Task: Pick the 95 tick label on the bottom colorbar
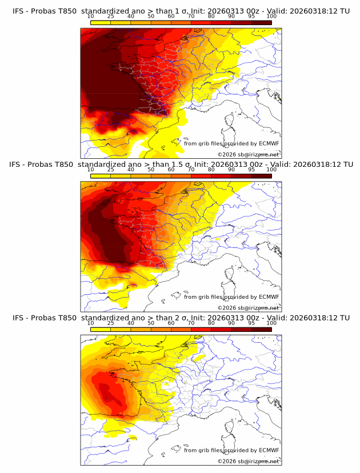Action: coord(251,323)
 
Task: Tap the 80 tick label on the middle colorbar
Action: coord(211,170)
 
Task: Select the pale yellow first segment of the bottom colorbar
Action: coord(100,329)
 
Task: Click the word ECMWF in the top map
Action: coord(269,144)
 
